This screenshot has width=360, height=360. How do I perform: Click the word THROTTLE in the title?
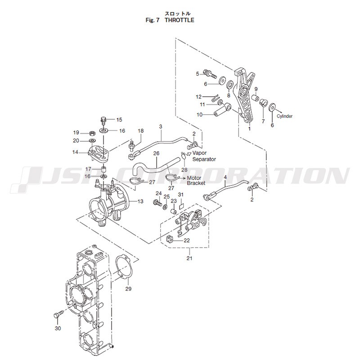(x=179, y=20)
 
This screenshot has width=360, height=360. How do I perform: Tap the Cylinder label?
(x=284, y=116)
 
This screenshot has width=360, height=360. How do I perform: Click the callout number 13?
(x=140, y=201)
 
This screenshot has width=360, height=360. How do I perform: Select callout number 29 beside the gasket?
(x=128, y=288)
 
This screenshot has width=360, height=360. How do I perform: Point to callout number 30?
(x=58, y=328)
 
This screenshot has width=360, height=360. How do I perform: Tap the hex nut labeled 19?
(x=92, y=133)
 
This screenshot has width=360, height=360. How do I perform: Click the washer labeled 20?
(x=93, y=140)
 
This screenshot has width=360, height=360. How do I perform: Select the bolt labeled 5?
(x=210, y=74)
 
